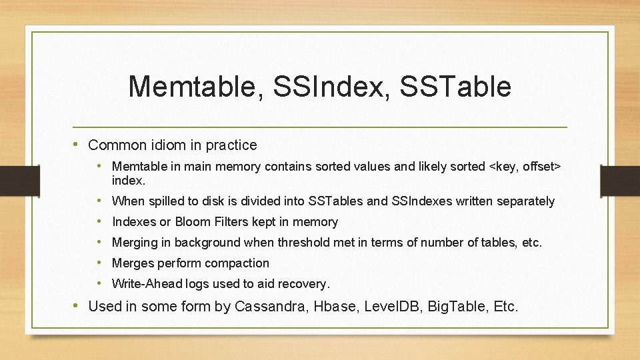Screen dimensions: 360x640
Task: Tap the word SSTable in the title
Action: [x=457, y=87]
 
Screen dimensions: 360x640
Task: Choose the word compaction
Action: [x=237, y=263]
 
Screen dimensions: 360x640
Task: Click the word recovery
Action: [x=304, y=284]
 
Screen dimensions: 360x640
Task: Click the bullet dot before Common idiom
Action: [x=78, y=145]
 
